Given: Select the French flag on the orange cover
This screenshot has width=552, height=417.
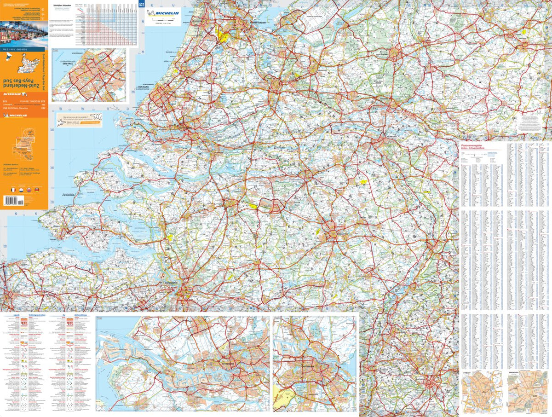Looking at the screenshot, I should point(6,190).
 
